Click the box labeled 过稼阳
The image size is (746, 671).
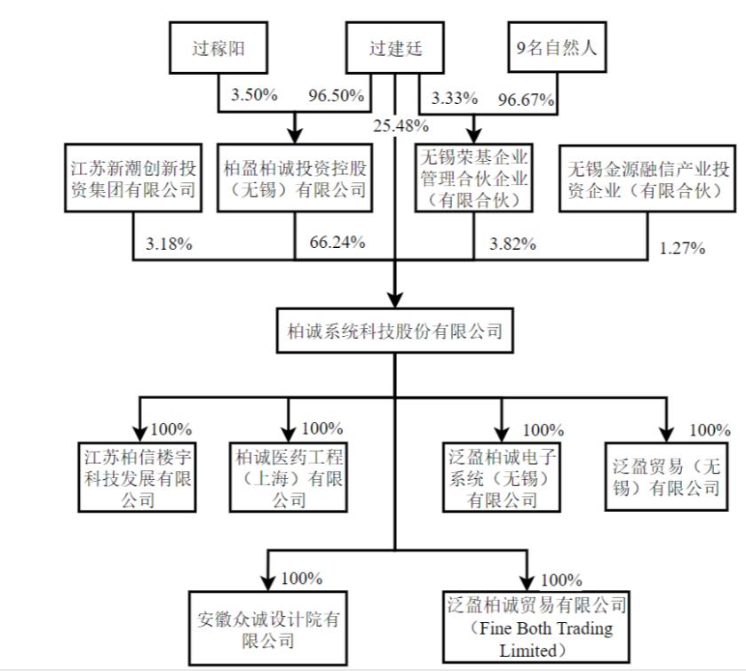coord(218,49)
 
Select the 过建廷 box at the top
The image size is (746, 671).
coord(395,49)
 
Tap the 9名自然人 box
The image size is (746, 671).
coord(557,49)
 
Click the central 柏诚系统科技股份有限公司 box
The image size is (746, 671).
coord(395,332)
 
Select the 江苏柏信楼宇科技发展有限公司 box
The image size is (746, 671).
coord(138,476)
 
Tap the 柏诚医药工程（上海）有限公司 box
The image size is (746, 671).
coord(289,476)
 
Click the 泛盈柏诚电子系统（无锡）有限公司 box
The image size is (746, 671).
coord(503,476)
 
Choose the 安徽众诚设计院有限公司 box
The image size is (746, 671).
coord(268,629)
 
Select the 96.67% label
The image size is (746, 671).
coord(528,100)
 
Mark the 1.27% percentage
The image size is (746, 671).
coord(683,248)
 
